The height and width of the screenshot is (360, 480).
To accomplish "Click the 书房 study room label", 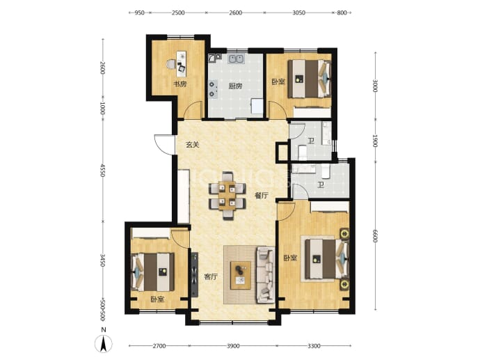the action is [179, 84].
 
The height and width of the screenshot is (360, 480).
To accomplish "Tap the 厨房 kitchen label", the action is [235, 86].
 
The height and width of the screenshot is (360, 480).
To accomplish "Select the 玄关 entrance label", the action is [193, 145].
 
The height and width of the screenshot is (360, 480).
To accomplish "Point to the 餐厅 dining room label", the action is [262, 196].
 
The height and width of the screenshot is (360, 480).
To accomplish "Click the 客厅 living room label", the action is [211, 276].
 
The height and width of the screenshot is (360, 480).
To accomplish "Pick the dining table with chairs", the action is [227, 196].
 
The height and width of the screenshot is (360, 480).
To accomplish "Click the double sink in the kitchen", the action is [235, 58].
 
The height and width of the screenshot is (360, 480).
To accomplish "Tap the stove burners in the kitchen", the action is [212, 89].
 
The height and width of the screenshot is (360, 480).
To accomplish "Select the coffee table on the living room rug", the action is [241, 275].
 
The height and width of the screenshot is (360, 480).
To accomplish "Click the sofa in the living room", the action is [266, 275].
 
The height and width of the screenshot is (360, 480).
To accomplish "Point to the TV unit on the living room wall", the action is [195, 274].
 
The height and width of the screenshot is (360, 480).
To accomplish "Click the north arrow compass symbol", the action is [104, 343].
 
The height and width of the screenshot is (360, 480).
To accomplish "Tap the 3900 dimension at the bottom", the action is [233, 346].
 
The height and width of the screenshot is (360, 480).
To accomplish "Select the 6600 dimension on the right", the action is [375, 235].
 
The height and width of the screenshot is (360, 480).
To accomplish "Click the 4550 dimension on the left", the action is [102, 171].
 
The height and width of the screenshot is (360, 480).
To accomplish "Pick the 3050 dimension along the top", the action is [298, 13].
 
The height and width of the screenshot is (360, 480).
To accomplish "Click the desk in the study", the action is [182, 64].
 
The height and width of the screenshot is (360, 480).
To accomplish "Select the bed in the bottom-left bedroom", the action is [152, 272].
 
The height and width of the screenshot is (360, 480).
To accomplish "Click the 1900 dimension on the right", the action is [375, 141].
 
